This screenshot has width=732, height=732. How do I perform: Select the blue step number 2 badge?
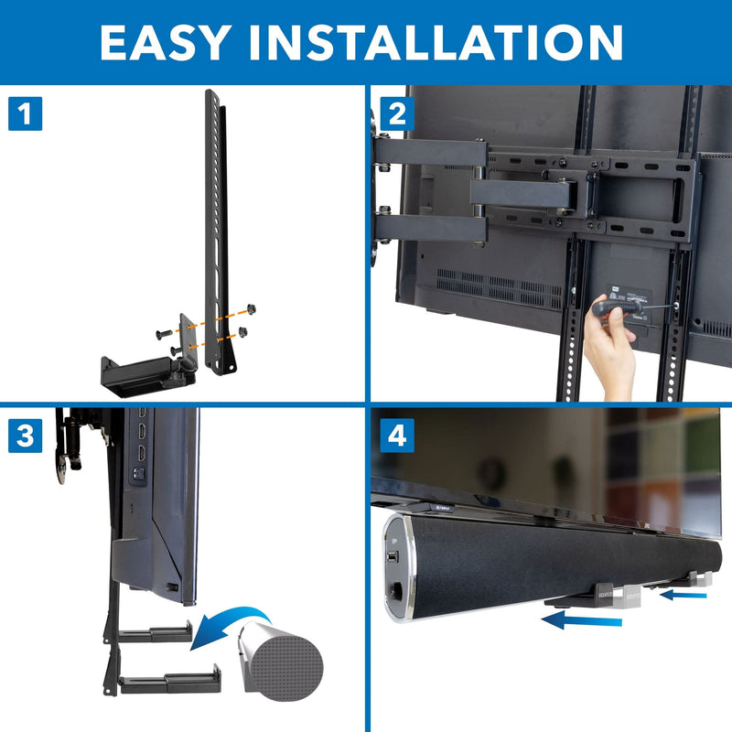click(395, 114)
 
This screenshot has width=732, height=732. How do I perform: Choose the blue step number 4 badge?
click(395, 435)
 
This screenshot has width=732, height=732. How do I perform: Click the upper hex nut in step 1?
click(253, 309)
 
